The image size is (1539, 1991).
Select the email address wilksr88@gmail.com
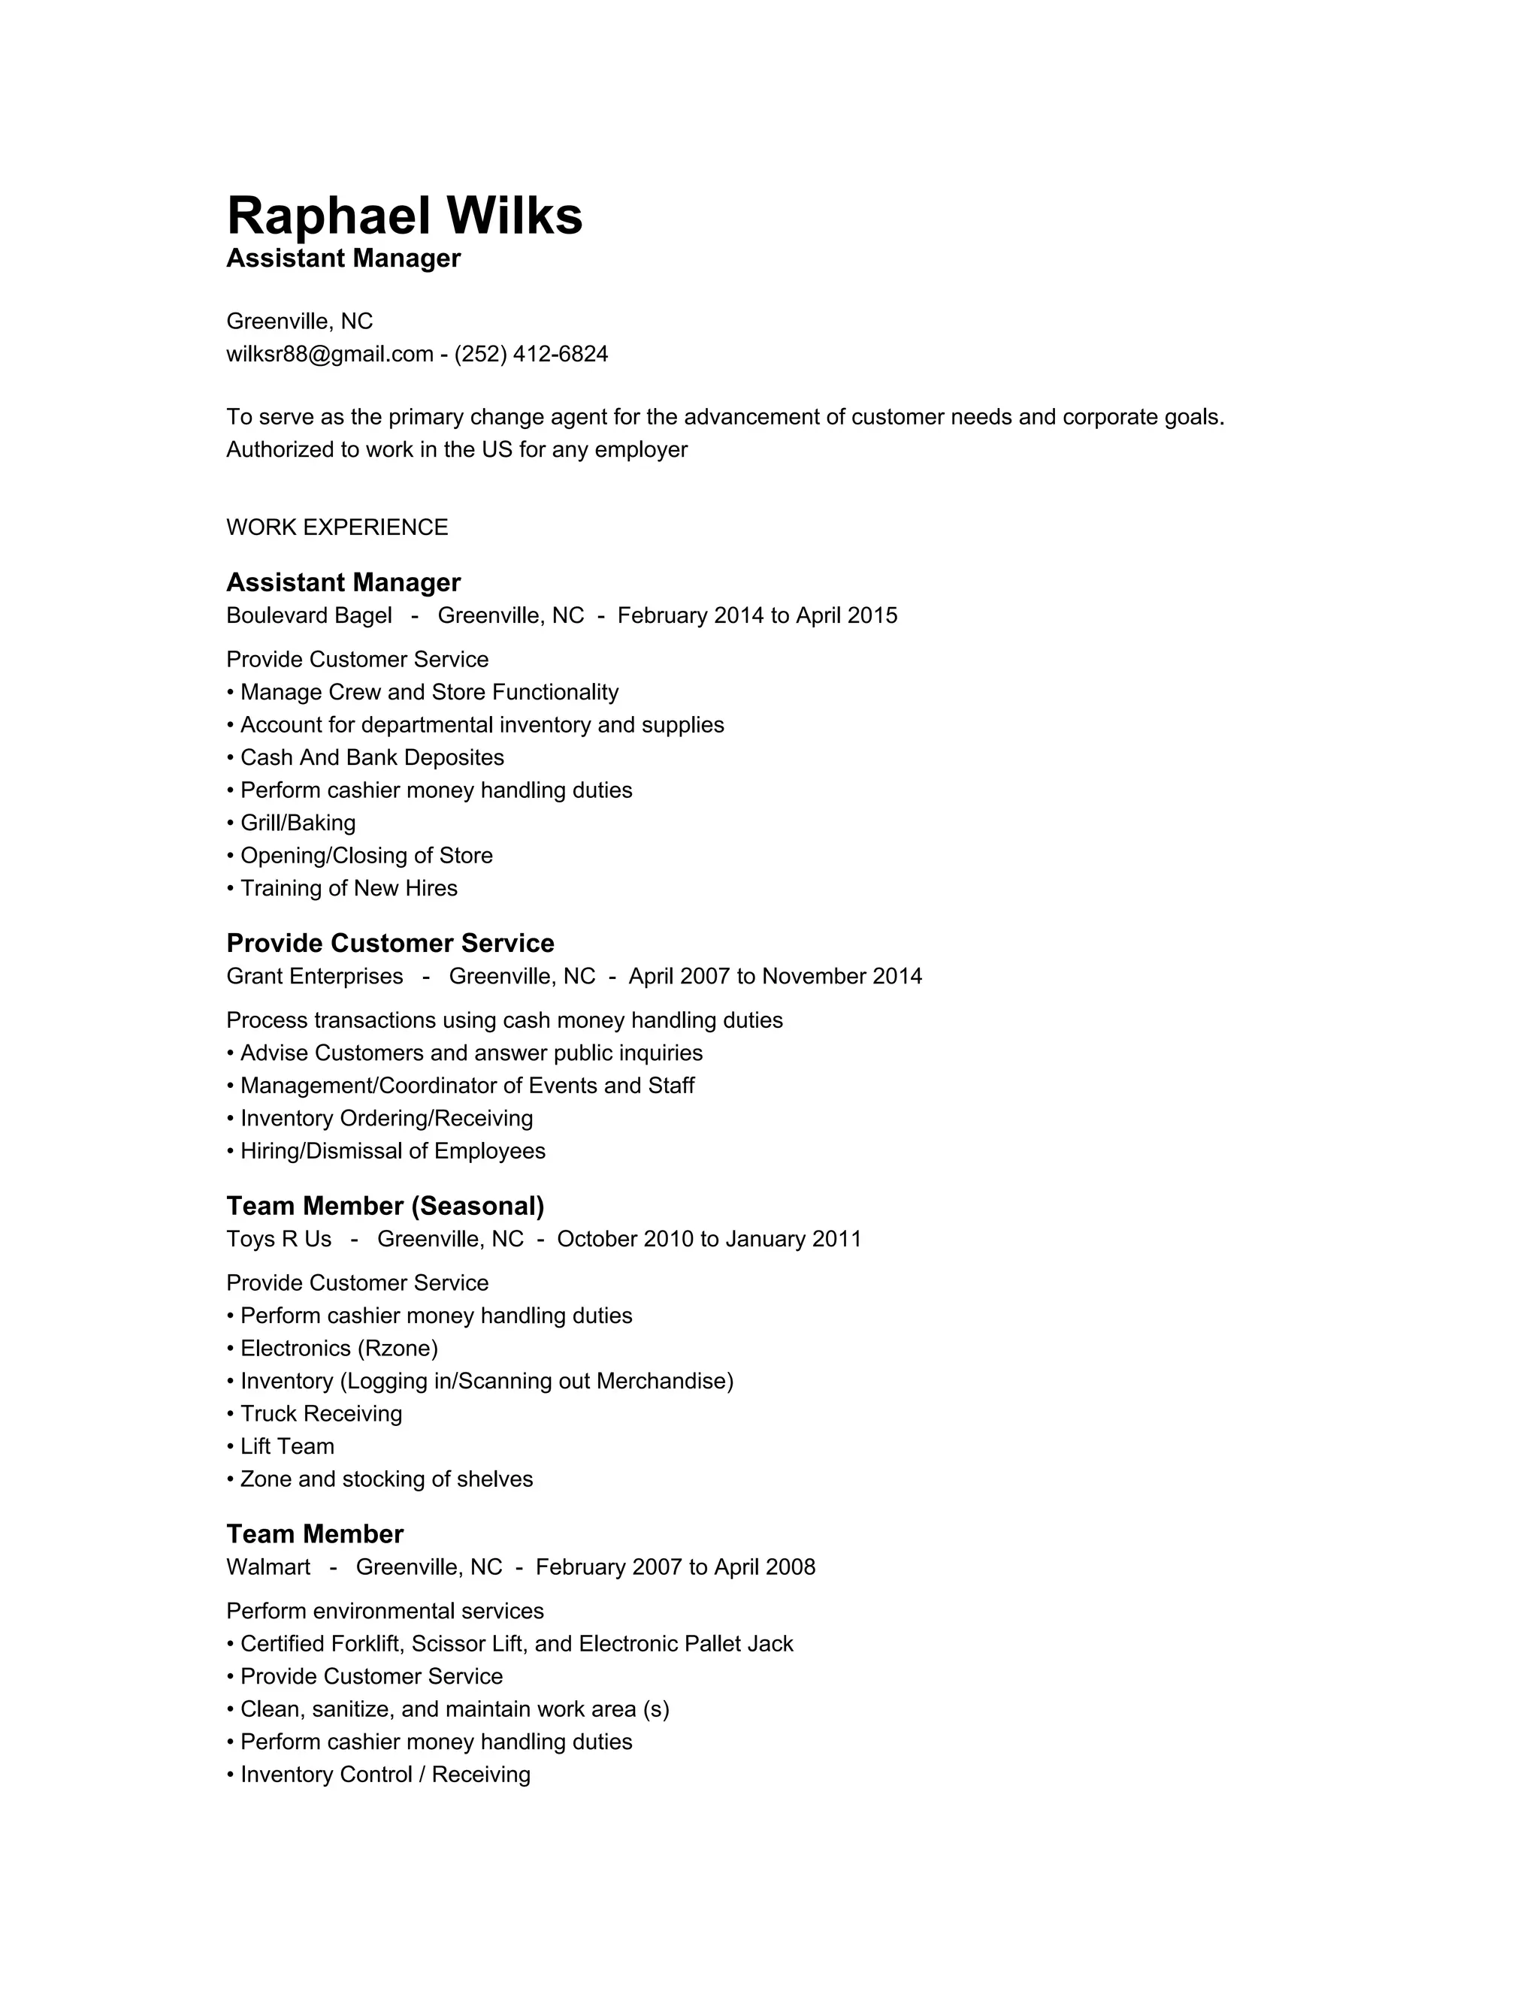point(329,354)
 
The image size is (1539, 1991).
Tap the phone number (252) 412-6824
point(531,354)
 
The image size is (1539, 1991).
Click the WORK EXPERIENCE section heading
point(337,527)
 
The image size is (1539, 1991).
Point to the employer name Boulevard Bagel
point(309,615)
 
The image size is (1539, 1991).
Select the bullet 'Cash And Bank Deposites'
point(371,757)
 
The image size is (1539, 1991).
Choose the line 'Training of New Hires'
point(348,888)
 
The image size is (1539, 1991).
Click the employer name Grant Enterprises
point(315,977)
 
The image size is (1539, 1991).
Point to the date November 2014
point(842,977)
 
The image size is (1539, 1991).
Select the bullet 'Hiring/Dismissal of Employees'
point(392,1151)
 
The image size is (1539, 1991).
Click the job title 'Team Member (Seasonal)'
point(385,1206)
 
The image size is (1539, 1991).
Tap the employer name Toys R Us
point(279,1239)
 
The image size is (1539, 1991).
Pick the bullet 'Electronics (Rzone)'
point(338,1349)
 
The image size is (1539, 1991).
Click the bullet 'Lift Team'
point(286,1447)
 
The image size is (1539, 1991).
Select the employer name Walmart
point(268,1567)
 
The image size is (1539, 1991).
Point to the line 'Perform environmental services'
point(385,1611)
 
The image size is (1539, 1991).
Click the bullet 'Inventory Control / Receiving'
point(385,1775)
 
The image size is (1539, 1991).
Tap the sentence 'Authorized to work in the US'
point(456,449)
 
